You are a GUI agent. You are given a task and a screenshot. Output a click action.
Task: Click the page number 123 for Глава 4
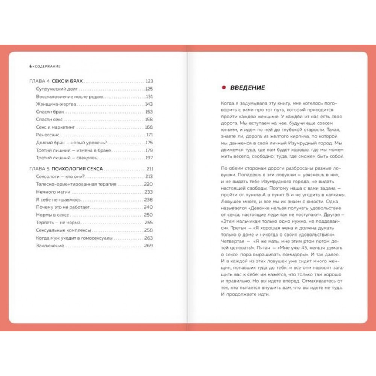tap(150, 81)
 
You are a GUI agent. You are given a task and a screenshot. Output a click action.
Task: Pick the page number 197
tap(150, 158)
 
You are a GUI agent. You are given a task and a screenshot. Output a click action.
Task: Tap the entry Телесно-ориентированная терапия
tap(76, 184)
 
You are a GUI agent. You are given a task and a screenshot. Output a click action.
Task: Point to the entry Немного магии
tap(52, 192)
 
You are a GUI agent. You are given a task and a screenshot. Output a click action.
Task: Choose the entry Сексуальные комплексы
tap(63, 230)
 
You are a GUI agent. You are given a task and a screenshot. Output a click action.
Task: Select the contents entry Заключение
tap(50, 246)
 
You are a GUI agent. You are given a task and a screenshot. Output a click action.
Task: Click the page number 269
tap(149, 246)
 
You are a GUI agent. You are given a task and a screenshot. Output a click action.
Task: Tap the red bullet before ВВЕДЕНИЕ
tap(223, 88)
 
